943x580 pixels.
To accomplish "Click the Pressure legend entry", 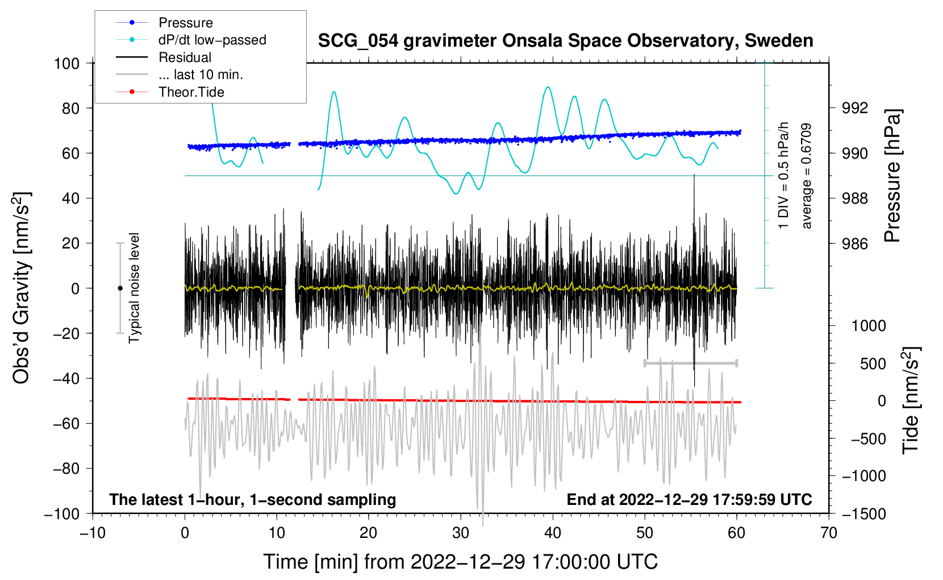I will tap(185, 23).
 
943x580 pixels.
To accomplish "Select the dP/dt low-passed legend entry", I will tap(212, 40).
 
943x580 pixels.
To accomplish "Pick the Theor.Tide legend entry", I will tap(191, 92).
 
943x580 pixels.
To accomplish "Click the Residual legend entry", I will tap(185, 57).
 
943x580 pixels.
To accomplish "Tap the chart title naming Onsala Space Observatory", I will tap(565, 41).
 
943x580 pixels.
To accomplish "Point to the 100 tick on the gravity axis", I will tap(66, 63).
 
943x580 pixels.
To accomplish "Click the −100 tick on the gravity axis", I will tap(62, 513).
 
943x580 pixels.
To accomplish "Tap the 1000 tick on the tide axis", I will tap(868, 326).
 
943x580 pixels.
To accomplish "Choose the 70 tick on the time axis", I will tap(829, 533).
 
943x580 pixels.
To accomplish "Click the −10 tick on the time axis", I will tap(93, 533).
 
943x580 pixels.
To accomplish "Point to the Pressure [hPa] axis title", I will tap(893, 176).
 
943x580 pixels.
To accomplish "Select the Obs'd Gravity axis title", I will tap(22, 288).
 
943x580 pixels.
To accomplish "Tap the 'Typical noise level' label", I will tap(134, 288).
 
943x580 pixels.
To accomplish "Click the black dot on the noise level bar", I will tap(120, 288).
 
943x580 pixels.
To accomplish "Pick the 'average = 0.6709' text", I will tap(806, 176).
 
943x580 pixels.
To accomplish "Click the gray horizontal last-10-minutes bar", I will tap(690, 363).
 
